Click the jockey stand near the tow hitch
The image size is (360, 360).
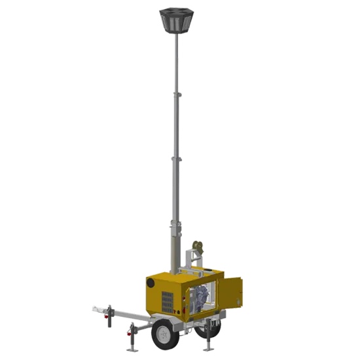[x=108, y=317]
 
